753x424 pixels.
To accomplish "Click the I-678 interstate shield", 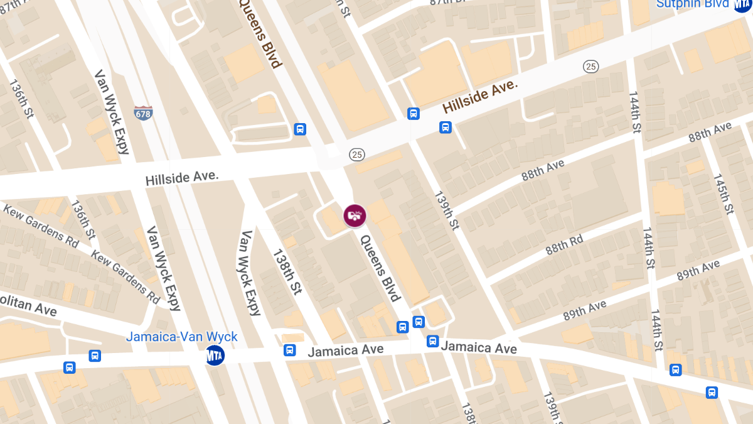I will point(143,113).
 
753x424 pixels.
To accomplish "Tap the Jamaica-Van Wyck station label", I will point(182,337).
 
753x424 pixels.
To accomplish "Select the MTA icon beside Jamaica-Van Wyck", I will point(215,355).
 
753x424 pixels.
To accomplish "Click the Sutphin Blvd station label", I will point(692,4).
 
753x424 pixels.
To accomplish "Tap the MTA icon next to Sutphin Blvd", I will point(743,4).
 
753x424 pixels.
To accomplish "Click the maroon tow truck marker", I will point(355,215).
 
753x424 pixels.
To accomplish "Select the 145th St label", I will point(723,192).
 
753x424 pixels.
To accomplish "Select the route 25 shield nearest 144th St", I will point(590,67).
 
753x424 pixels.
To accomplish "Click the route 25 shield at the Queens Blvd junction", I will point(356,154).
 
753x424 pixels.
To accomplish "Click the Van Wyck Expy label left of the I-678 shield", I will point(112,112).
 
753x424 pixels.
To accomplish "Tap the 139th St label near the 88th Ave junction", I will point(446,210).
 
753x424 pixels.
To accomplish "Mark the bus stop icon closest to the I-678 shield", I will point(301,129).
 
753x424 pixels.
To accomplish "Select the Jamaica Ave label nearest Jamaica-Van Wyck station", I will point(345,351).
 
